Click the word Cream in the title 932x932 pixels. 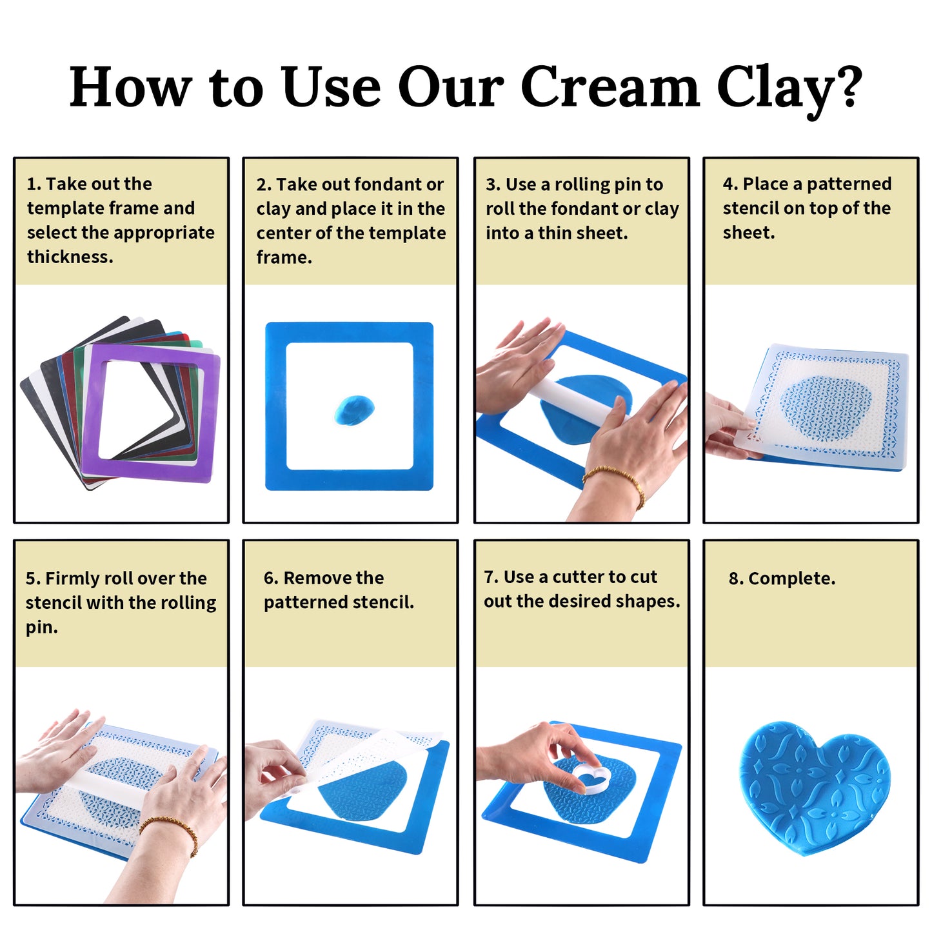pyautogui.click(x=610, y=87)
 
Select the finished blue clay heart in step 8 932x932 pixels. pyautogui.click(x=814, y=784)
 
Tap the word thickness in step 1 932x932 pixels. pyautogui.click(x=70, y=257)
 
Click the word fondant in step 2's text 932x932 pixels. pyautogui.click(x=380, y=184)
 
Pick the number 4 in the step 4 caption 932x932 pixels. pyautogui.click(x=728, y=184)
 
